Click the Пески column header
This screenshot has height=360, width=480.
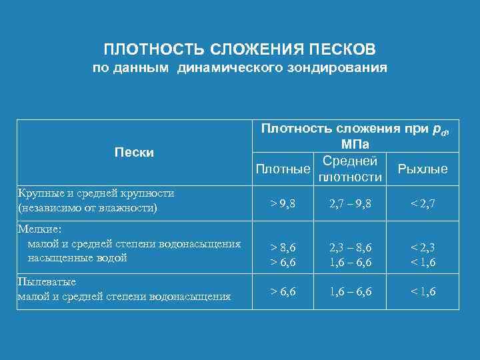click(134, 153)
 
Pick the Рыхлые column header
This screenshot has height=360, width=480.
click(422, 169)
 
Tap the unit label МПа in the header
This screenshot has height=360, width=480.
click(355, 145)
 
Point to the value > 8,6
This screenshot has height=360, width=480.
click(283, 247)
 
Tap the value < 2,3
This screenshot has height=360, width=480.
click(422, 247)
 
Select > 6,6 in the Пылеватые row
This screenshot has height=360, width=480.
click(283, 291)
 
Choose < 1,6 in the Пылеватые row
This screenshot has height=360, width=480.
click(422, 291)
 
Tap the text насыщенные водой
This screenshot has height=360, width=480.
click(77, 258)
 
